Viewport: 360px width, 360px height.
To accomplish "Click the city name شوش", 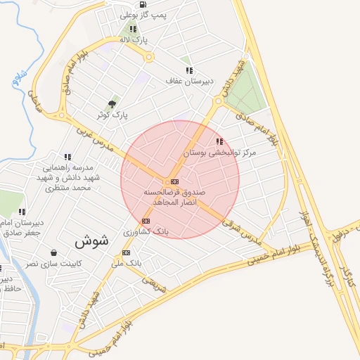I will [91, 240].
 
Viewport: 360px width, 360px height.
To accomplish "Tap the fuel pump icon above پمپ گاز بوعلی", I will [143, 4].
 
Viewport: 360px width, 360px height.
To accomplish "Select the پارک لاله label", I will [134, 40].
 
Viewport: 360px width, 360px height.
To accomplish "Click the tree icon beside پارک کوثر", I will [112, 104].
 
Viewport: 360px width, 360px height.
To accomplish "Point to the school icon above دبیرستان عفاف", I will [189, 70].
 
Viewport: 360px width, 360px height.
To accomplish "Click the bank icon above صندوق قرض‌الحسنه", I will [174, 181].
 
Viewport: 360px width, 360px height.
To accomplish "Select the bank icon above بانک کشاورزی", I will [146, 221].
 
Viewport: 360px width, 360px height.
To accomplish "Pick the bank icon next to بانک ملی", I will [126, 252].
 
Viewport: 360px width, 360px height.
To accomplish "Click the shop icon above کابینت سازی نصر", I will [54, 252].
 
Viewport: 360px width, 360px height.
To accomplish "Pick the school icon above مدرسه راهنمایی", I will [67, 157].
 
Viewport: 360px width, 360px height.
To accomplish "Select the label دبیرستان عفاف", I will [188, 81].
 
